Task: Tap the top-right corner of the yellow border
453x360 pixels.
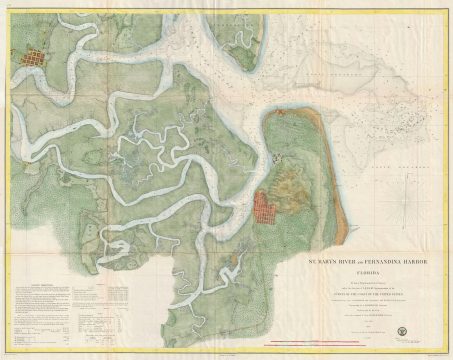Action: (x=449, y=3)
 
